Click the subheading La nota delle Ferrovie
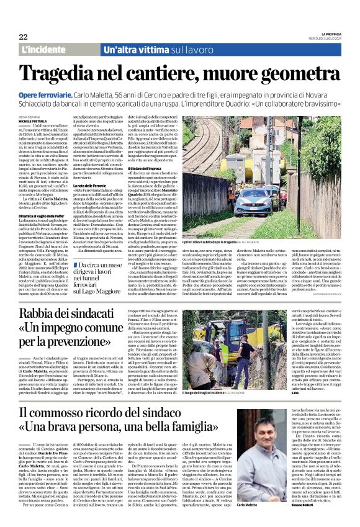point(90,186)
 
